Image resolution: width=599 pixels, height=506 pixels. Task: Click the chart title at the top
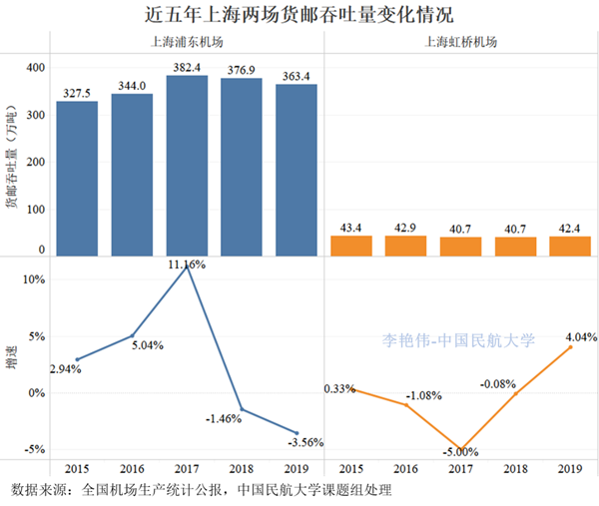click(x=299, y=15)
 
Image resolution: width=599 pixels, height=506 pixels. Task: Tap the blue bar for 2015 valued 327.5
click(x=76, y=180)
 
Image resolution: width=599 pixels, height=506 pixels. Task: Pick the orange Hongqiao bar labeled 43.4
click(x=349, y=246)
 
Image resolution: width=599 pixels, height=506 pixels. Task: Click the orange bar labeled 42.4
click(x=571, y=247)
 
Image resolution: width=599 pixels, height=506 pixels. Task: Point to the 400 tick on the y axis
click(x=36, y=68)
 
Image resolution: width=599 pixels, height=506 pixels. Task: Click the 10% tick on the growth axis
click(x=36, y=280)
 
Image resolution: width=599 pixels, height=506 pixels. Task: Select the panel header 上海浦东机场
click(x=187, y=43)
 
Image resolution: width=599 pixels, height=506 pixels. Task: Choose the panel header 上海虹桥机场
click(x=460, y=43)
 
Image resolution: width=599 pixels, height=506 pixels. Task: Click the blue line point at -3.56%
click(x=297, y=432)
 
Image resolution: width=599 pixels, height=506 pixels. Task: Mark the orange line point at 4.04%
click(x=571, y=347)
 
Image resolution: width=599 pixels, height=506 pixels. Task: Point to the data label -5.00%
click(x=460, y=452)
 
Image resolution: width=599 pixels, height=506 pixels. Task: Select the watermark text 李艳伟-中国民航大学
click(x=459, y=339)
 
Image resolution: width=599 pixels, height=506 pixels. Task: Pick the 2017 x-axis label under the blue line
click(x=187, y=468)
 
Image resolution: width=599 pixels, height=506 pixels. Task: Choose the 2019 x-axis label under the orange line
click(x=571, y=468)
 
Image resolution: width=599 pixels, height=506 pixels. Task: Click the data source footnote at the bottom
click(x=200, y=491)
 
